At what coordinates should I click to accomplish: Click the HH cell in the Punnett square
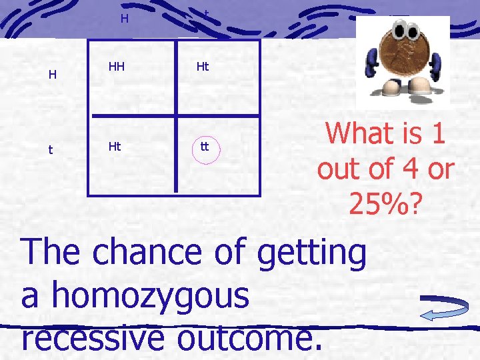tap(118, 67)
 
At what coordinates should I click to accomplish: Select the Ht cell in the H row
tap(203, 67)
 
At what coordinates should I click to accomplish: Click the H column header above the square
tap(125, 19)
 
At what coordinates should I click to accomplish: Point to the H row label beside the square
tap(52, 75)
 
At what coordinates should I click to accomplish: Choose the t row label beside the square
tap(51, 150)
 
